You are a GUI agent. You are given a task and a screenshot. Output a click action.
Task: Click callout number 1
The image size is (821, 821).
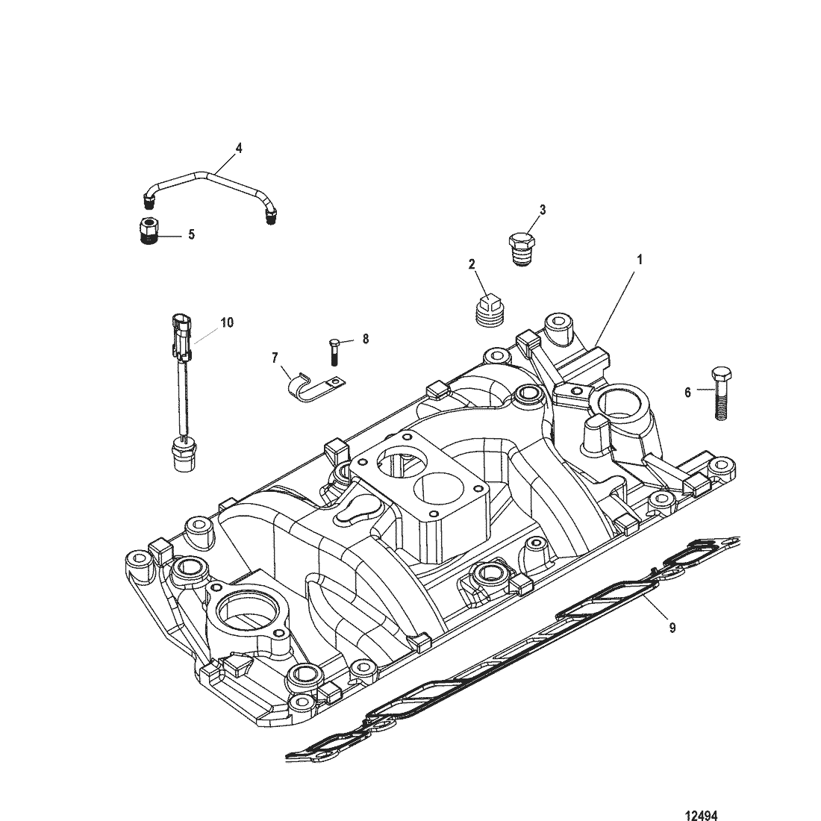639,259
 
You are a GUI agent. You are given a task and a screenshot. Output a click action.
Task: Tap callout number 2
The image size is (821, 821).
472,263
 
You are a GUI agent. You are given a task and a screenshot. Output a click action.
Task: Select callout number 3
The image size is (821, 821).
543,210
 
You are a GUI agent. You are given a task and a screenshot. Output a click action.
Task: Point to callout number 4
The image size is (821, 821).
239,148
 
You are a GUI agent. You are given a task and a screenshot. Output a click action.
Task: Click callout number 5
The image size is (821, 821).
191,234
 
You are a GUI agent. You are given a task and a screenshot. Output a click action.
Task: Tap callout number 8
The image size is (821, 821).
365,339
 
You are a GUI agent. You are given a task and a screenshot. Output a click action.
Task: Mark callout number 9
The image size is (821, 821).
672,628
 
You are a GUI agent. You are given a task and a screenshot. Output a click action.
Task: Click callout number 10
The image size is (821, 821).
227,322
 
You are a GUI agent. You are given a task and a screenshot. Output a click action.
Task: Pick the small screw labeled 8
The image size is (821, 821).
334,350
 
